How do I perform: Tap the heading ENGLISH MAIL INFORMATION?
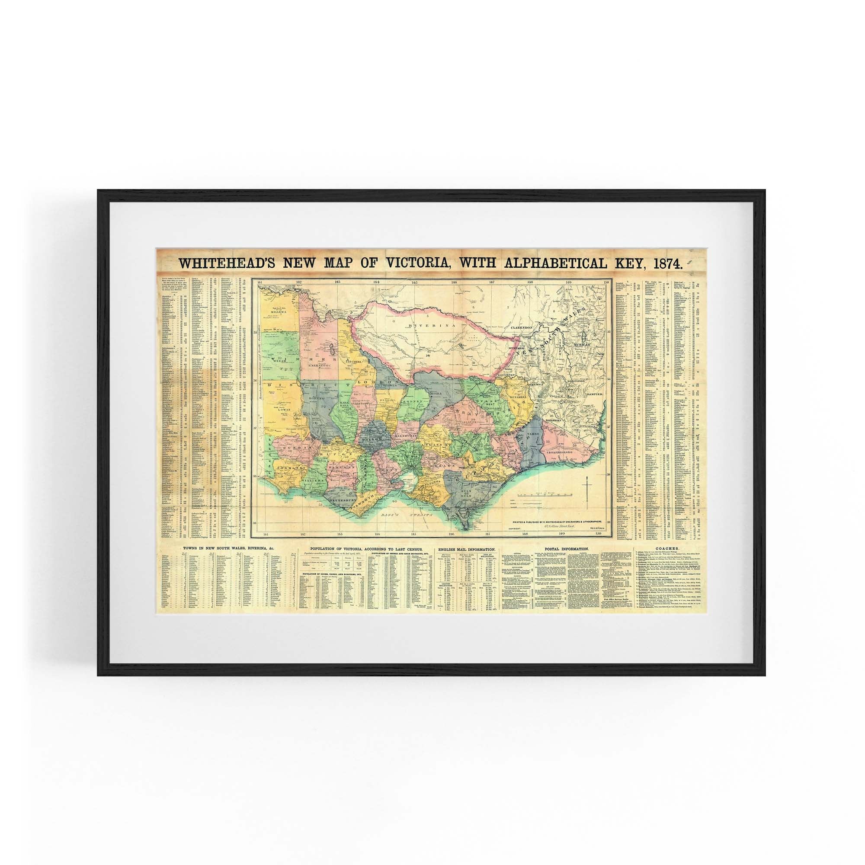click(467, 548)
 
